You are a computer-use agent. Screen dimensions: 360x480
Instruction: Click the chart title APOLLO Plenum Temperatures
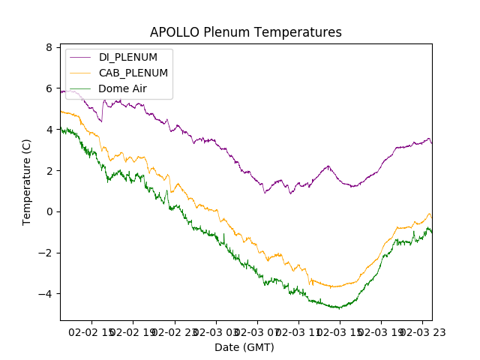point(245,32)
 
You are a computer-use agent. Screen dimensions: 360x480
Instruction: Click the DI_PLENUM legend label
point(128,57)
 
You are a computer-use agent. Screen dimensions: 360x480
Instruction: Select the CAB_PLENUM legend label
point(133,73)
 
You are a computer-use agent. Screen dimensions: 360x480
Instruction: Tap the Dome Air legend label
point(122,88)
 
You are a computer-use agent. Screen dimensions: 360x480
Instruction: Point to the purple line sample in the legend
point(81,57)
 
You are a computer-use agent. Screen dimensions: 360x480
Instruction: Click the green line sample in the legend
point(81,88)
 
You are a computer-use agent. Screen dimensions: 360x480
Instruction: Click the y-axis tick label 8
point(49,47)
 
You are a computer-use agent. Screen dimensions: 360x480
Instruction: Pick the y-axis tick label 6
point(49,88)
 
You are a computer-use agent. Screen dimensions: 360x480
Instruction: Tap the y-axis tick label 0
point(49,211)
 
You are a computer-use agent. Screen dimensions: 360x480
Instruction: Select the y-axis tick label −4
point(46,293)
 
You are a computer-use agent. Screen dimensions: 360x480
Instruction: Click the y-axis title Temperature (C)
point(27,182)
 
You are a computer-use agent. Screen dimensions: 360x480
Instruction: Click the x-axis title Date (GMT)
point(244,347)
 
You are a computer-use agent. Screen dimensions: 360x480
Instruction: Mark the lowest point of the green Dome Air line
point(339,308)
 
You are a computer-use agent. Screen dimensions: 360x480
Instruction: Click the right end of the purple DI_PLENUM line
point(431,142)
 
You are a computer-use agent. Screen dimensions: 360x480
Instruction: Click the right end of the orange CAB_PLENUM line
point(431,217)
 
